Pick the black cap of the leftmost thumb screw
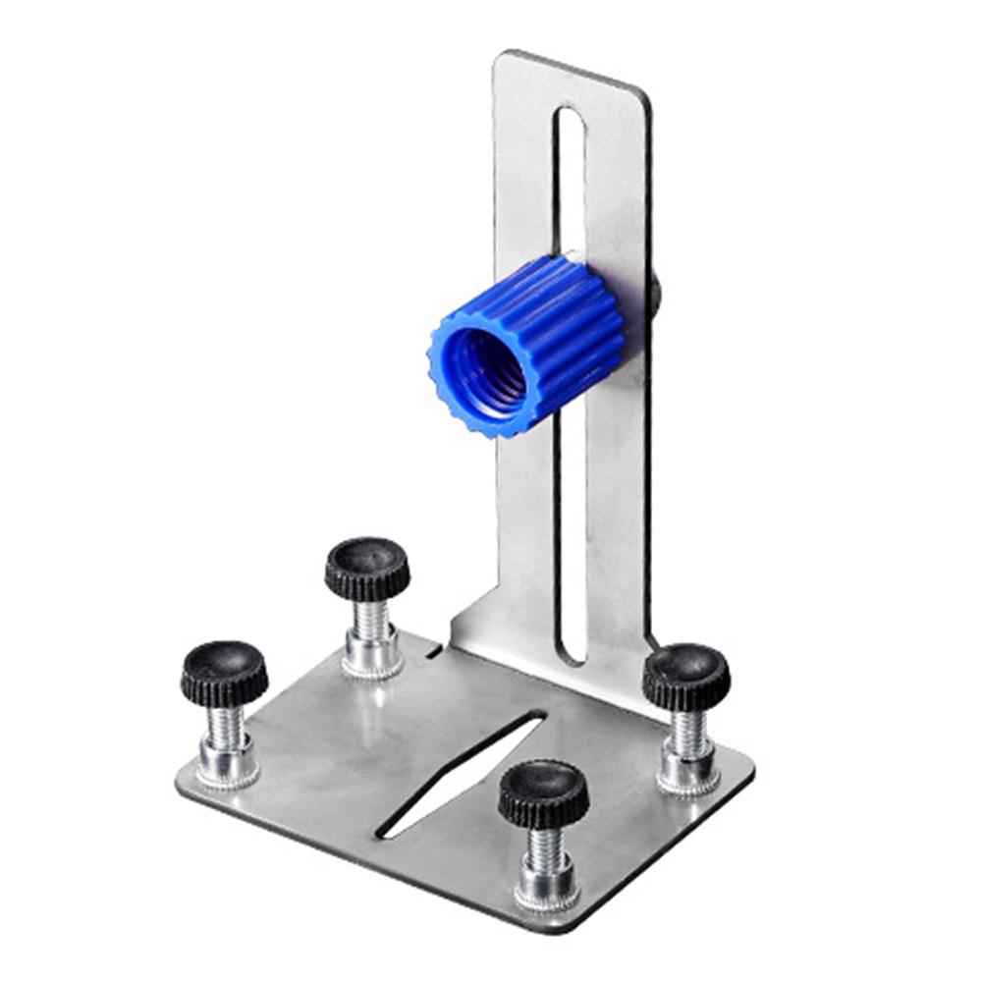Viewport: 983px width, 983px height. coord(224,672)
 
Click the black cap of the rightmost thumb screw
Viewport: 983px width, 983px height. coord(686,676)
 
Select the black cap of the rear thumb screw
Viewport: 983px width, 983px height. coord(367,568)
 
